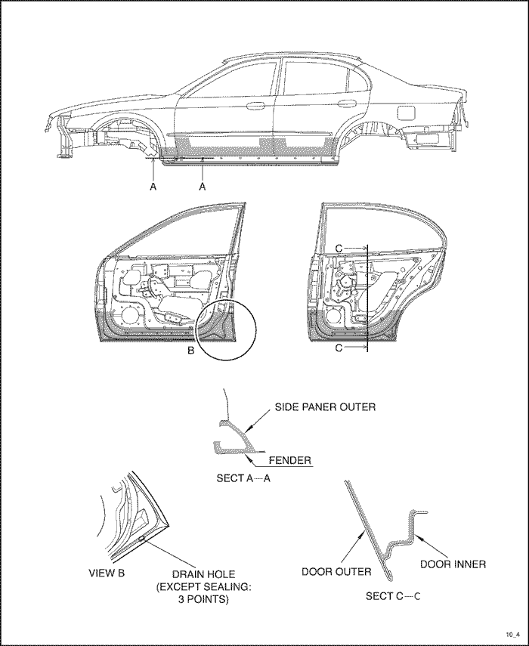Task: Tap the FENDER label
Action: (290, 459)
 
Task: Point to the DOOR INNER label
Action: (454, 563)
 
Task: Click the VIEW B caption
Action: (107, 573)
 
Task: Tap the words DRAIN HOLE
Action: (192, 573)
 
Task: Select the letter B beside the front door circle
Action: (191, 350)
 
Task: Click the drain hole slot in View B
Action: (142, 538)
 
